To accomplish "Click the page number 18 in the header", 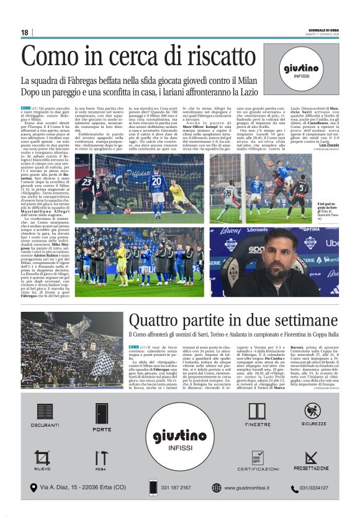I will [24, 32].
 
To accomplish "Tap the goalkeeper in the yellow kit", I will [177, 192].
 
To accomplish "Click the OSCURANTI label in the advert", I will [44, 425].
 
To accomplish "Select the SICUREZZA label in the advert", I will [314, 424].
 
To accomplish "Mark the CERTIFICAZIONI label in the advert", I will [258, 469].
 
